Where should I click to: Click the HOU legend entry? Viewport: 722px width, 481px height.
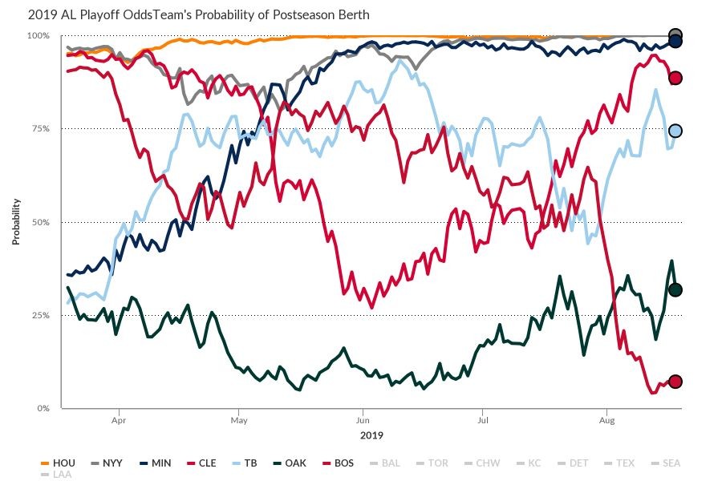pos(59,463)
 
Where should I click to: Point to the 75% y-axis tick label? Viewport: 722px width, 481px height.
pos(39,129)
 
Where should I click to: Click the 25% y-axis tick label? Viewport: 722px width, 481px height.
pos(39,316)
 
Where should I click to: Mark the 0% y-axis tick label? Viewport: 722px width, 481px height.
pos(42,409)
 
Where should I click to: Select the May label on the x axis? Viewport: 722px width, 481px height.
pos(238,419)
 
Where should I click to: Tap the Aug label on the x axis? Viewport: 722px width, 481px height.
pos(607,419)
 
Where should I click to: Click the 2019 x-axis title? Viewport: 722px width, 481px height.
pos(371,436)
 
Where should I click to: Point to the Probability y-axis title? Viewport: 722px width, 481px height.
pos(16,222)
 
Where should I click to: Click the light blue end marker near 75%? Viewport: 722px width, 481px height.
pos(675,131)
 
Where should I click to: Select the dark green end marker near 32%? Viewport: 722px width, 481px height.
pos(675,290)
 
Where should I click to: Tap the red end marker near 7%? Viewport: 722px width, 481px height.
pos(675,382)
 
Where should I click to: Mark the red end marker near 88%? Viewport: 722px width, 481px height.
pos(675,78)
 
